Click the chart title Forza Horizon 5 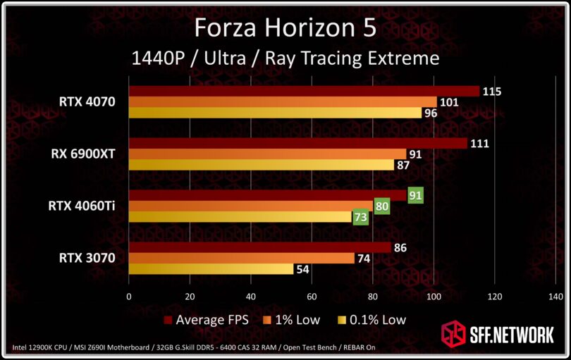(x=285, y=28)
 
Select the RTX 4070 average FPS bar (x=303, y=92)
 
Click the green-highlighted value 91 (x=415, y=195)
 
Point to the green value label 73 (x=360, y=218)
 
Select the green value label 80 (x=382, y=206)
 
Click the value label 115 (x=491, y=92)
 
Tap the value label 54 (x=304, y=269)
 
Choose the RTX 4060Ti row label (x=82, y=206)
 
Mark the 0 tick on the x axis (x=128, y=297)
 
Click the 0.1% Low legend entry (x=374, y=320)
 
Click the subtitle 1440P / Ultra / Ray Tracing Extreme (x=285, y=58)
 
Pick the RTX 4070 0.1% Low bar (x=274, y=113)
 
